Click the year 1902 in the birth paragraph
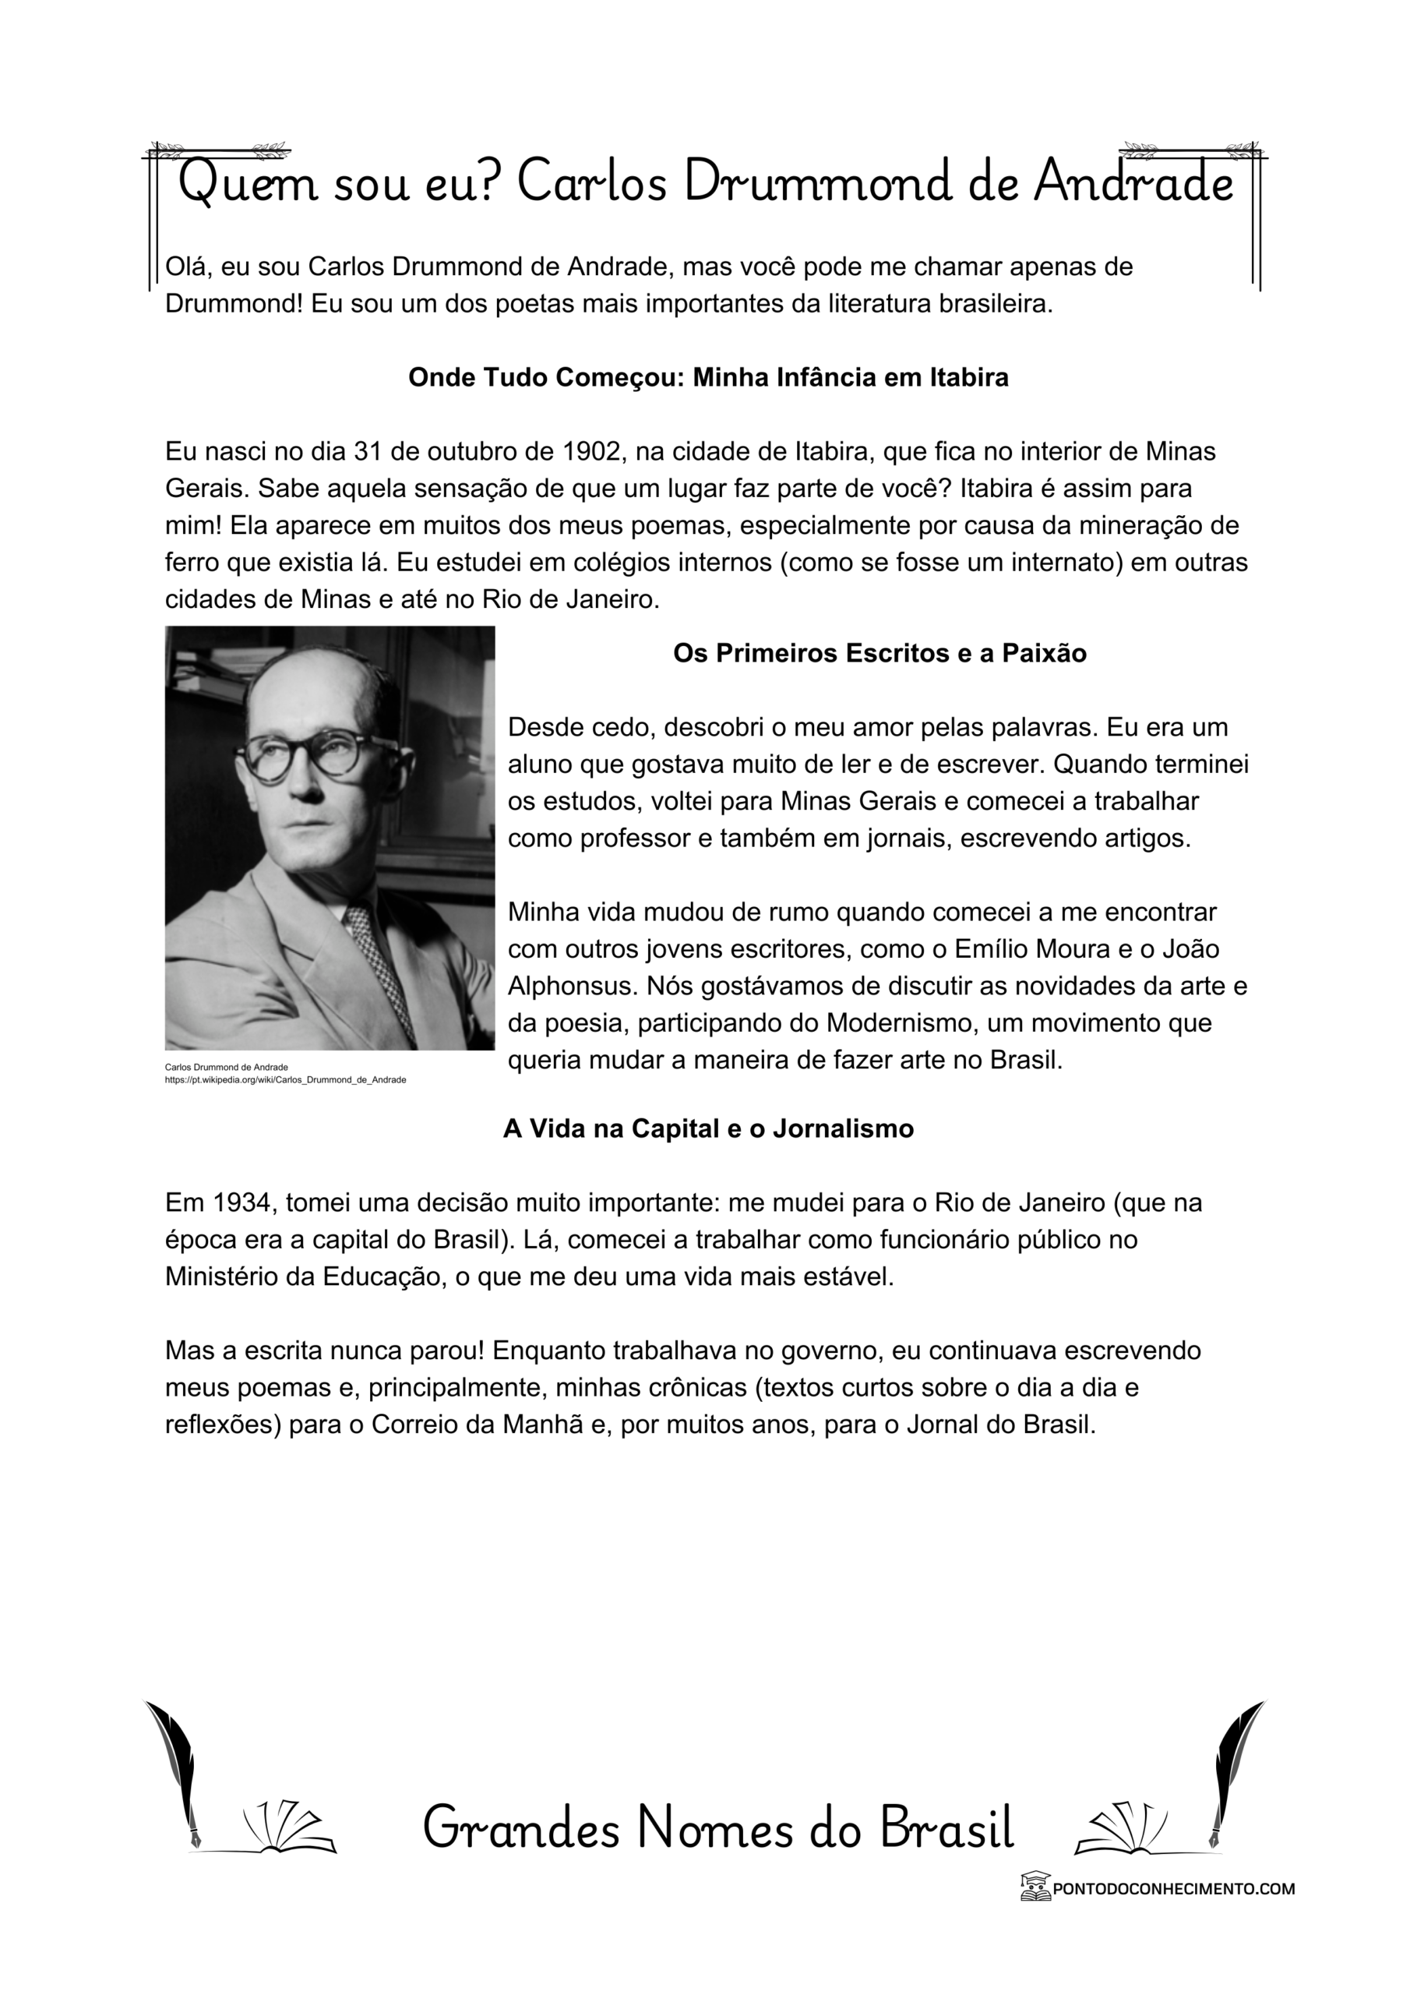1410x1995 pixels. coord(590,452)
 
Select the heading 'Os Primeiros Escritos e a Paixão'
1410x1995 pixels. coord(879,653)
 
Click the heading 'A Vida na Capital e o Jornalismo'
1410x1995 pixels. coord(708,1128)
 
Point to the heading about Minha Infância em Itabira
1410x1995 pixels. coord(708,378)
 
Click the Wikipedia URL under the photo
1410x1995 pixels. coord(285,1080)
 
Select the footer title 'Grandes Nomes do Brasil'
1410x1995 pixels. coord(718,1827)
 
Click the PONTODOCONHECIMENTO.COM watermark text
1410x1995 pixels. coord(1173,1887)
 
